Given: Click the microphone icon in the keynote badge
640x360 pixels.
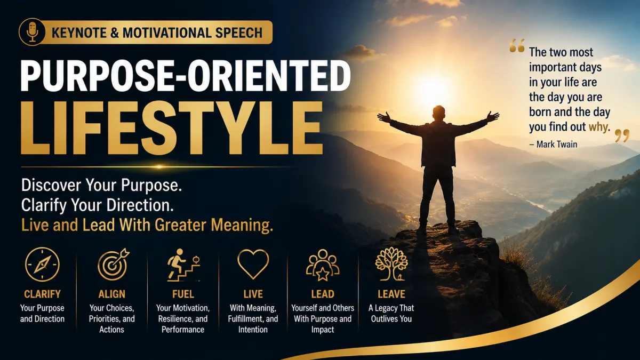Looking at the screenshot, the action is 33,31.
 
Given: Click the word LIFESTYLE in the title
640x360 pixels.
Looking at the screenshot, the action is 172,128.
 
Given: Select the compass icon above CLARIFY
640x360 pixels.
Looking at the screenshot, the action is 42,265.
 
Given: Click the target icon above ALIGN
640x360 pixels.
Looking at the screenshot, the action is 113,265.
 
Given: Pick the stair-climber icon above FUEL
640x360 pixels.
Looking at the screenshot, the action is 183,265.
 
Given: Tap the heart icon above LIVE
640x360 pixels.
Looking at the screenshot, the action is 253,264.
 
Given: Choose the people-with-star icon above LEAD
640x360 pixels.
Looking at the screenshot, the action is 323,265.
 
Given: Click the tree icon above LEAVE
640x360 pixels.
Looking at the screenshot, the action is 391,264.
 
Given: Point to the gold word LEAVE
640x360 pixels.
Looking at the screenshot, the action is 391,294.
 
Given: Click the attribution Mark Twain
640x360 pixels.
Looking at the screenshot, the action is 557,145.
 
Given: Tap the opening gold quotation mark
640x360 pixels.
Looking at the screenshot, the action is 517,45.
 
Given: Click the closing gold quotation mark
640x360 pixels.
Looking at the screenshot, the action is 622,135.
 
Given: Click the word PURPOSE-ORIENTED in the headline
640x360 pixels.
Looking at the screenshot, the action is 186,76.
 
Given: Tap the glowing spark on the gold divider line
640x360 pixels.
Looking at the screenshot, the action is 159,167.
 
